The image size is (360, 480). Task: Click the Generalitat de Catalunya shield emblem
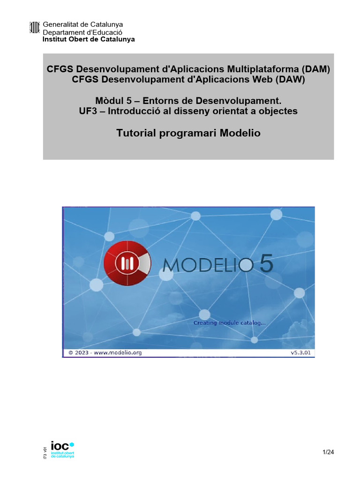[35, 28]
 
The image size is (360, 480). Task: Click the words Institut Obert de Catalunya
[89, 39]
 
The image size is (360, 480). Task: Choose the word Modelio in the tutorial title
[237, 133]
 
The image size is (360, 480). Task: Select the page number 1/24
[328, 452]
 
